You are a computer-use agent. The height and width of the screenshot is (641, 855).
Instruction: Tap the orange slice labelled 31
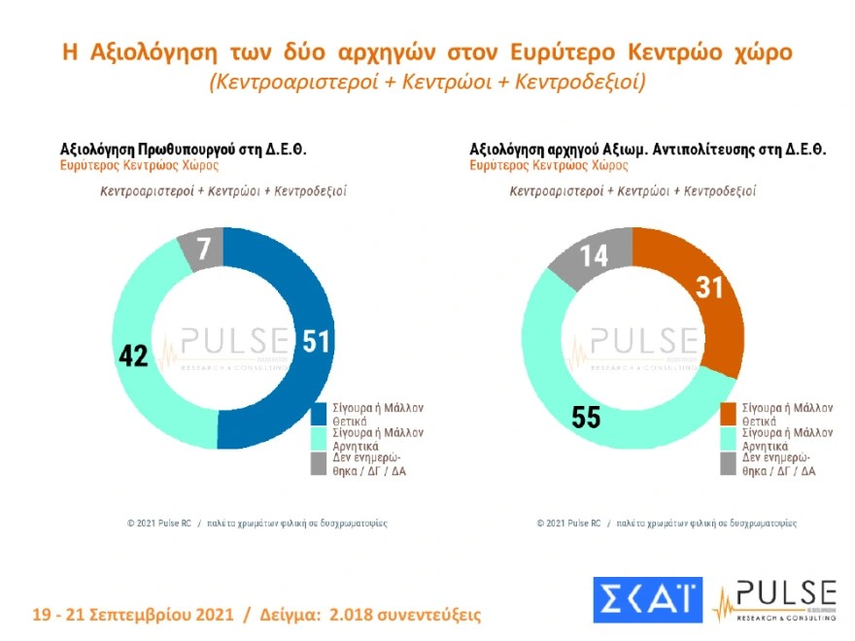pyautogui.click(x=704, y=291)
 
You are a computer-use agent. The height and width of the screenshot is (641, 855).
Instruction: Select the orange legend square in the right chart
pyautogui.click(x=729, y=414)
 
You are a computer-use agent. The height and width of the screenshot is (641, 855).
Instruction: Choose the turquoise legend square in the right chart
pyautogui.click(x=729, y=439)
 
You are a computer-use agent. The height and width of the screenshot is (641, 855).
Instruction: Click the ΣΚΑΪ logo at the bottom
pyautogui.click(x=646, y=599)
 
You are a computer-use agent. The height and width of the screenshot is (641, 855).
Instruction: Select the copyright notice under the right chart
pyautogui.click(x=667, y=523)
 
